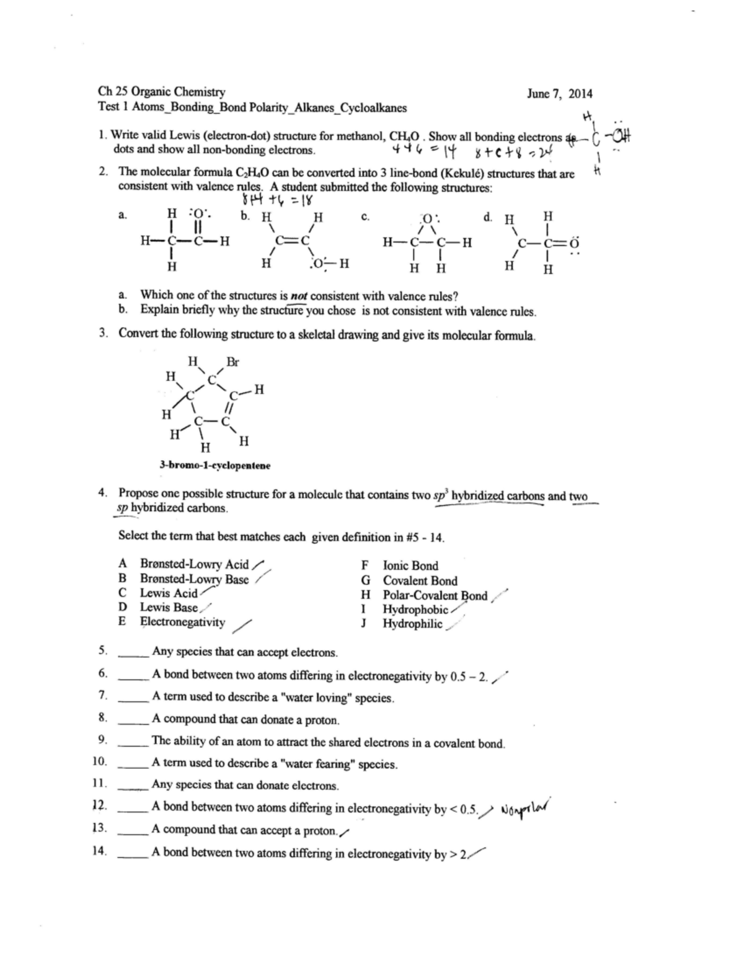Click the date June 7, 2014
coord(559,94)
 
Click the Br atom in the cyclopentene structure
coord(232,362)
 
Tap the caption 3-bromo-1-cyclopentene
coord(215,465)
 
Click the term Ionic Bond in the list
coord(410,566)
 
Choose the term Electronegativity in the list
coord(182,622)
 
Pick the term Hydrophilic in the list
coord(412,624)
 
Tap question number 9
coord(103,739)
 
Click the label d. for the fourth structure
coord(488,216)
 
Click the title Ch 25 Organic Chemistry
coord(162,92)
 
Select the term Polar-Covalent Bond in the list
coord(435,595)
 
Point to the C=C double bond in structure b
coord(292,242)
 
